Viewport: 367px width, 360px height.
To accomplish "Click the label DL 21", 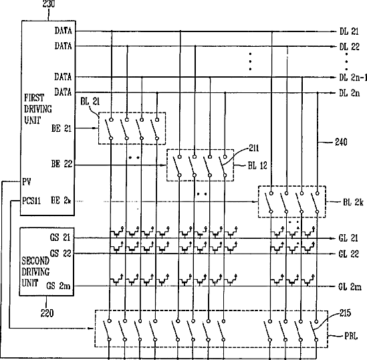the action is click(349, 31).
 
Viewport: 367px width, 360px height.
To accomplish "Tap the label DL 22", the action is click(350, 47).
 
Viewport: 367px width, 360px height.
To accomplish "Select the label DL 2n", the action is click(349, 93).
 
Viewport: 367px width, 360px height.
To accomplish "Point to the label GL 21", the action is click(348, 238).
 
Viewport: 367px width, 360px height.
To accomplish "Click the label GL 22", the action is click(348, 254).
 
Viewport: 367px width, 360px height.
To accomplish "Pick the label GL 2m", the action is click(350, 286).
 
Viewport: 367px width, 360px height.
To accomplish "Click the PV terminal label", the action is click(27, 181).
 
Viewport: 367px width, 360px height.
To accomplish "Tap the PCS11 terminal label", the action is click(31, 201).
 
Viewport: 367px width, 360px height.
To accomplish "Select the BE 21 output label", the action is click(62, 128).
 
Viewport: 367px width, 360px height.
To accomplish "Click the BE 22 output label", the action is click(62, 164).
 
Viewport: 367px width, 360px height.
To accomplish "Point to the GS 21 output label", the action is click(60, 238).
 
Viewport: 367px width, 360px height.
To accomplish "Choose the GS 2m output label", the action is click(58, 286).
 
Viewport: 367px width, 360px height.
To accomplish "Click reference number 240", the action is click(341, 142).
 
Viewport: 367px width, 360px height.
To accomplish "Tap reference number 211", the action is click(254, 148).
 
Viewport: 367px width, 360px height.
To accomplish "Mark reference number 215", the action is click(346, 313).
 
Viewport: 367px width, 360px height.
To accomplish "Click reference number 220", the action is click(47, 313).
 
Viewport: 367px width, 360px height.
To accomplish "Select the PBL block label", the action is click(351, 337).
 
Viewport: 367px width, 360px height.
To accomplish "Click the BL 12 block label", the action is click(257, 165).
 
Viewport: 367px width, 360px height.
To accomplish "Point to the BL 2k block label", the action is click(353, 202).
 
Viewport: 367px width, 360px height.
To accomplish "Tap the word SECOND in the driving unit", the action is click(35, 261).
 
